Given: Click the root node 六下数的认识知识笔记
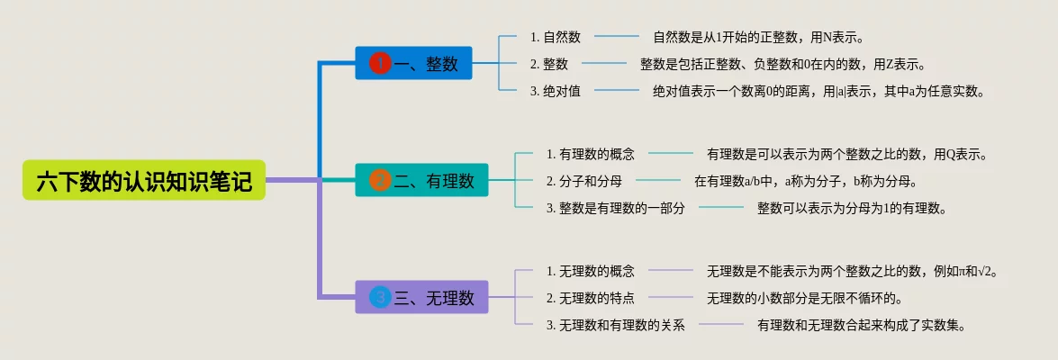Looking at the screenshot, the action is coord(144,180).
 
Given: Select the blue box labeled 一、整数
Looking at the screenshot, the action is coord(413,63).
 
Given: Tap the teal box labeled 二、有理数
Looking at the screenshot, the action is coord(421,180).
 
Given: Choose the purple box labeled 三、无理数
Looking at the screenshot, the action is coord(421,297).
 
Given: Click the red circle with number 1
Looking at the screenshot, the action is coord(380,63).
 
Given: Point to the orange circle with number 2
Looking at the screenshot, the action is coord(380,180).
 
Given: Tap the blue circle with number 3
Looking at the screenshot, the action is coord(380,297).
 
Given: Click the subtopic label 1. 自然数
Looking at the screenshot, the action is coord(556,37).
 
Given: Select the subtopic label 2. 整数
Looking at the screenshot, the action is coord(549,64).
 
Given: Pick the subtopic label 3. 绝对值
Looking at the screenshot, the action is coord(556,91).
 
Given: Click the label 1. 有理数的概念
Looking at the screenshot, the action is coord(591,154).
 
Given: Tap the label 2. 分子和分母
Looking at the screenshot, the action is coord(584,181).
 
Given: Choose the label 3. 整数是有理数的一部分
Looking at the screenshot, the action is coord(615,208).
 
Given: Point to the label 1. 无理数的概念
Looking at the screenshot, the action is coord(591,271).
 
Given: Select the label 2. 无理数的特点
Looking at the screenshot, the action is coord(591,298).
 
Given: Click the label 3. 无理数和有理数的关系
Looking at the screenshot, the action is coord(615,325).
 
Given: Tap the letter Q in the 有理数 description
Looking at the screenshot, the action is coord(951,155).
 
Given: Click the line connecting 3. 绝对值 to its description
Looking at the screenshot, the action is coord(617,91).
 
